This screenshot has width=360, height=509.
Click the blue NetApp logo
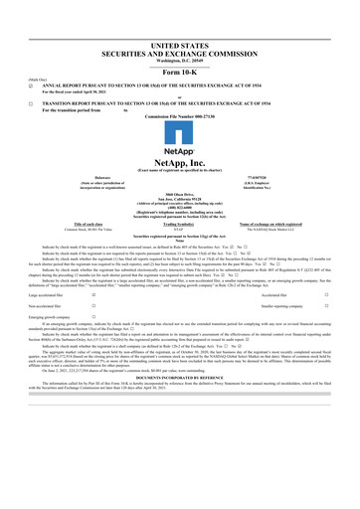[x=179, y=142]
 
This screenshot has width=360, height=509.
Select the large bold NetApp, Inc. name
[x=179, y=160]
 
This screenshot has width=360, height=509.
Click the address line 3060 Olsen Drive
[x=179, y=196]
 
